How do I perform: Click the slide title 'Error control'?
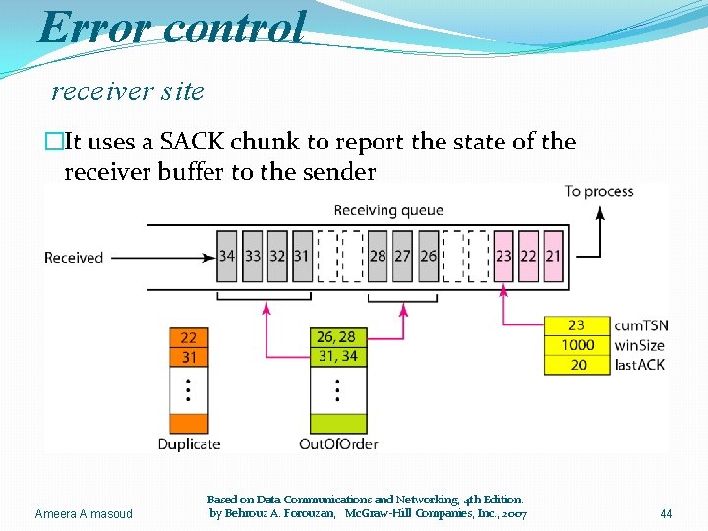click(x=172, y=27)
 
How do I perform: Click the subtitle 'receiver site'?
click(x=127, y=91)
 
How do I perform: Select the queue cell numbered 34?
click(x=227, y=256)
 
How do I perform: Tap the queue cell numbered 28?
click(x=378, y=256)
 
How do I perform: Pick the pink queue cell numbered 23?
click(x=503, y=256)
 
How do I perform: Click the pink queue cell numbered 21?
click(x=554, y=256)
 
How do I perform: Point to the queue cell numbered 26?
click(x=428, y=256)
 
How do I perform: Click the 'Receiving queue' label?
click(x=388, y=209)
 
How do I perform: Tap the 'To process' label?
click(x=599, y=191)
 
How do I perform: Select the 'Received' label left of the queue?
click(x=74, y=258)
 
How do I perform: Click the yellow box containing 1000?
click(x=577, y=345)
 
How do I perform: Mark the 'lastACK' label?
click(x=639, y=365)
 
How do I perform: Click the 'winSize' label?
click(x=639, y=345)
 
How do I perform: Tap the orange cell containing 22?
click(x=188, y=338)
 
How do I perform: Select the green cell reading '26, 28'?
click(x=337, y=338)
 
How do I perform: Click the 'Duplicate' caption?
click(x=190, y=443)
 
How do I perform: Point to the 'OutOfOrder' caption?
click(x=338, y=443)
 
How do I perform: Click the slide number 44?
click(x=666, y=513)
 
